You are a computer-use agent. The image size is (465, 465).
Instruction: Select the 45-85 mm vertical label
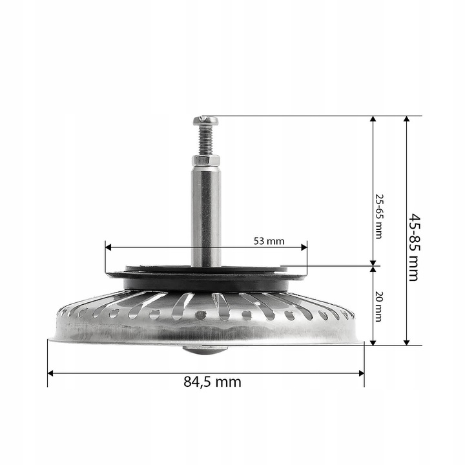[x=414, y=247]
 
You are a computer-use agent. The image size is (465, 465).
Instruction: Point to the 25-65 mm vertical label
[x=379, y=216]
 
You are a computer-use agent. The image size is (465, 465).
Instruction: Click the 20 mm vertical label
[x=379, y=306]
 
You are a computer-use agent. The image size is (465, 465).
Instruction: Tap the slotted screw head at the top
[x=205, y=120]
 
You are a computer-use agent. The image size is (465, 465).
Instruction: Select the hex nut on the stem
[x=205, y=161]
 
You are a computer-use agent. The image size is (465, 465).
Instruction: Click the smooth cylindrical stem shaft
[x=205, y=213]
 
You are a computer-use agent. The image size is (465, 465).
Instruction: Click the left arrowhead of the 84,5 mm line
[x=50, y=373]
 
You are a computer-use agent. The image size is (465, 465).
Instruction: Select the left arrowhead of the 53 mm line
[x=108, y=247]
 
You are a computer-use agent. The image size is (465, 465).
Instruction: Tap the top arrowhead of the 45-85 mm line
[x=406, y=119]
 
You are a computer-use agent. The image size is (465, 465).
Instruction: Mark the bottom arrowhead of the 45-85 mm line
[x=406, y=342]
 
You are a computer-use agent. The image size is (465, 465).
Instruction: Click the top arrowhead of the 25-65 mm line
[x=373, y=119]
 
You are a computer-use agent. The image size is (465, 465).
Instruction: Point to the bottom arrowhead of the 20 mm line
[x=373, y=342]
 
